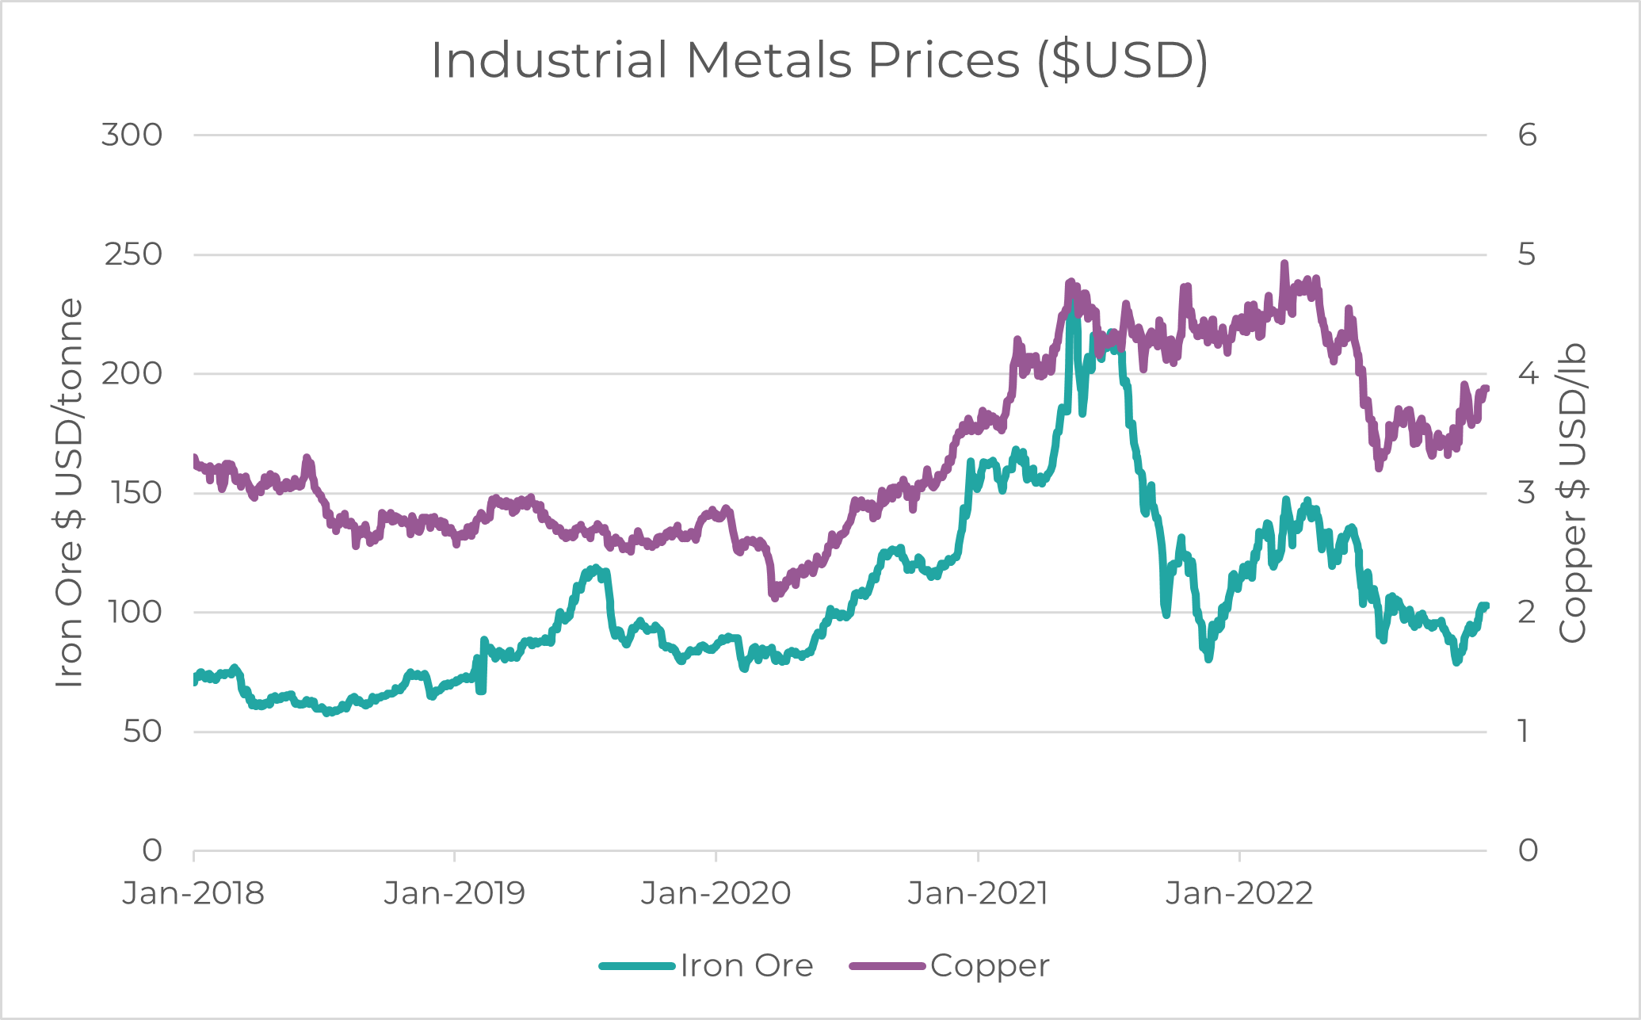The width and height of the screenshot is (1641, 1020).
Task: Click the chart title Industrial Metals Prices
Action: pyautogui.click(x=819, y=60)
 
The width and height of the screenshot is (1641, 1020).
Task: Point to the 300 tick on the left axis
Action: pyautogui.click(x=132, y=135)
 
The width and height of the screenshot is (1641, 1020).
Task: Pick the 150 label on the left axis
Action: pyautogui.click(x=132, y=493)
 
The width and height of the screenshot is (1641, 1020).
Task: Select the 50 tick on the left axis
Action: pyautogui.click(x=143, y=732)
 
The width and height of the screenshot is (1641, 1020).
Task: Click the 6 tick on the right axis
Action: pyautogui.click(x=1528, y=135)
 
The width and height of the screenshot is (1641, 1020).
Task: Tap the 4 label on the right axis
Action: pyautogui.click(x=1528, y=373)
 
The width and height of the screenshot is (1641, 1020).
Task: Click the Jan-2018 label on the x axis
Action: pyautogui.click(x=193, y=893)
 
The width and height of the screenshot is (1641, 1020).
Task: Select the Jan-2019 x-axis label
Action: pyautogui.click(x=454, y=893)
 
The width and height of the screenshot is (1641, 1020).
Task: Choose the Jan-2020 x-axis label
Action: pyautogui.click(x=716, y=893)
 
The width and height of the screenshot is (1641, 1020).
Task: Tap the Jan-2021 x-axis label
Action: pyautogui.click(x=978, y=893)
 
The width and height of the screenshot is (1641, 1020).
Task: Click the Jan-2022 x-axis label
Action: pyautogui.click(x=1239, y=893)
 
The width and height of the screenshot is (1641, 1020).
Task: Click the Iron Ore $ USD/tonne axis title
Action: pyautogui.click(x=70, y=492)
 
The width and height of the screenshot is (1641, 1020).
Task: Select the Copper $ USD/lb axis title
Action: pyautogui.click(x=1572, y=492)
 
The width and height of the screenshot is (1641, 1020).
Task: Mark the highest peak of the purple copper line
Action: pyautogui.click(x=1284, y=264)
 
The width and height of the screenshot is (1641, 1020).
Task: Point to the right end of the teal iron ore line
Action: pyautogui.click(x=1486, y=606)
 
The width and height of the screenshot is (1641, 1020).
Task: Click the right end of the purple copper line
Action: pyautogui.click(x=1487, y=388)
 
